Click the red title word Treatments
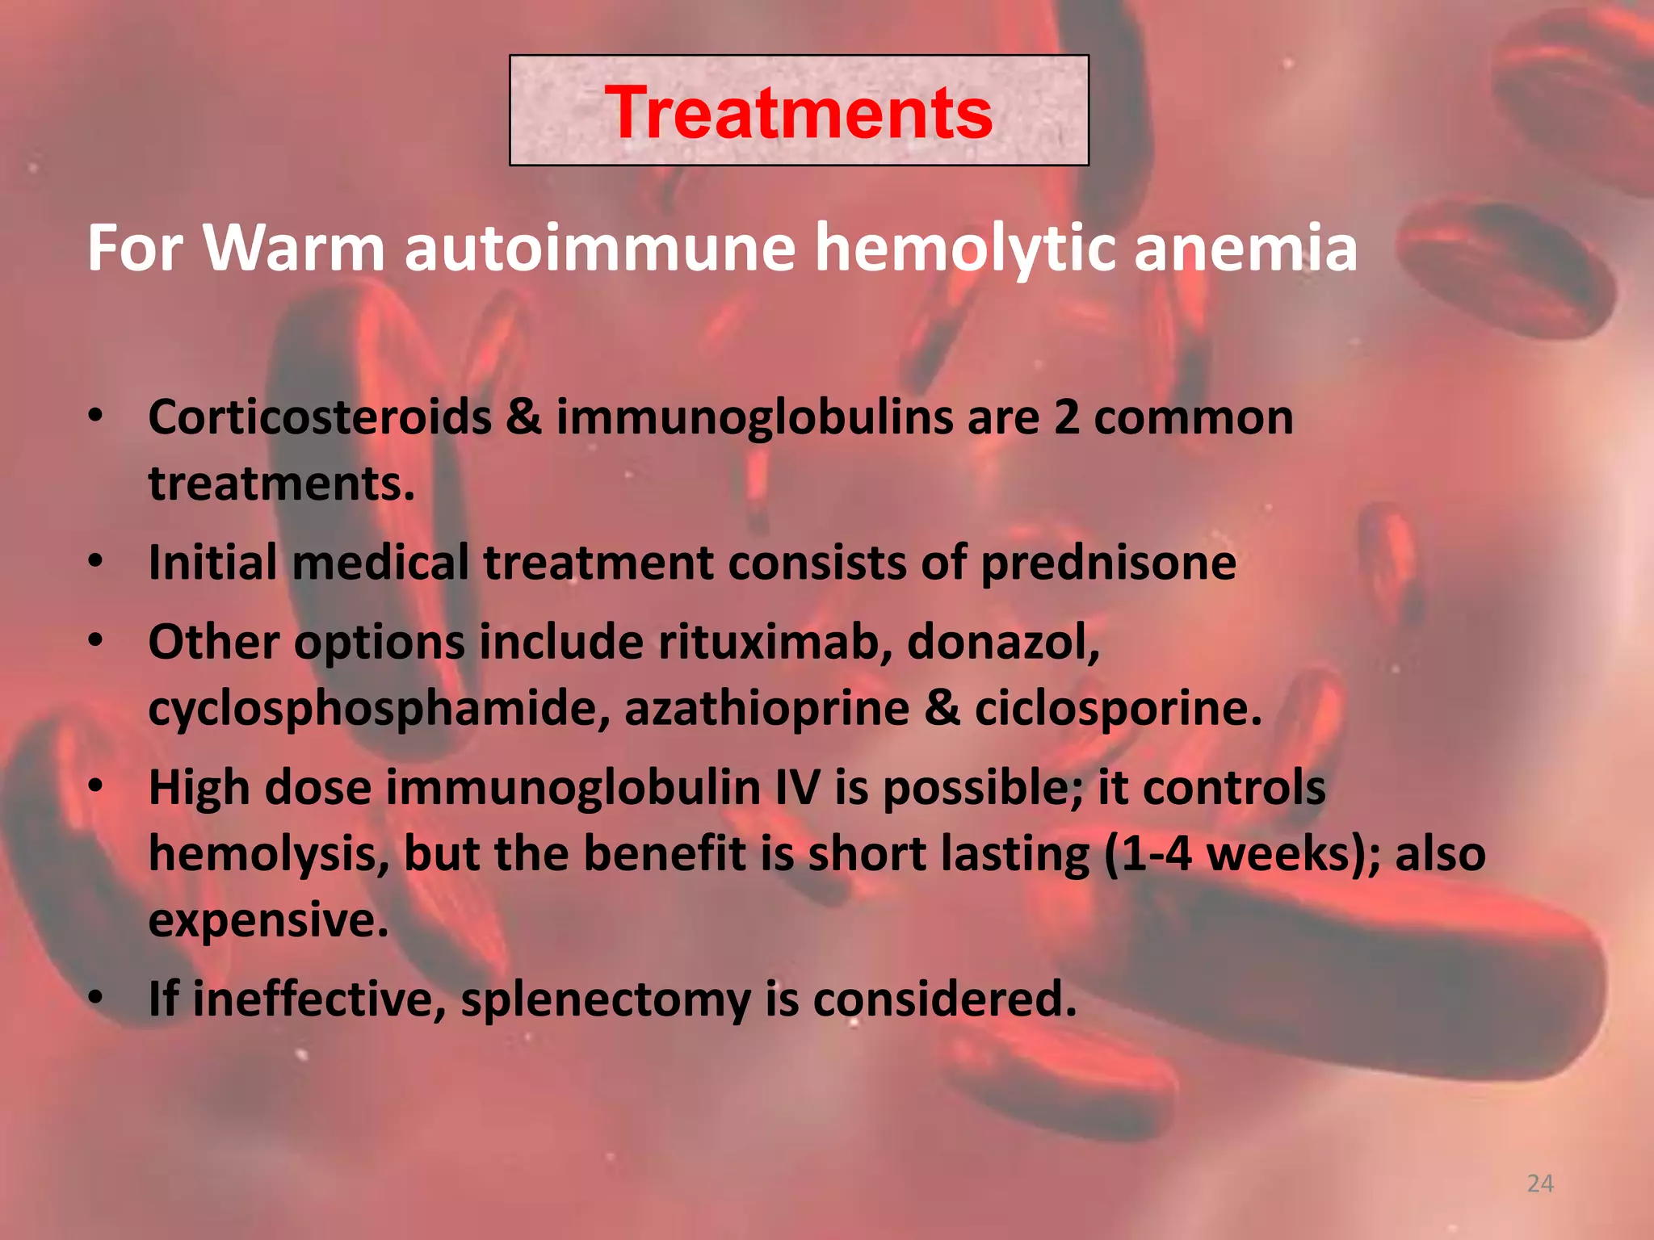click(x=799, y=113)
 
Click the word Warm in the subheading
click(x=294, y=248)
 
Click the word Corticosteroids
click(x=320, y=417)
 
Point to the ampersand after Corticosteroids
click(x=524, y=417)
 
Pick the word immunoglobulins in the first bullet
click(x=754, y=417)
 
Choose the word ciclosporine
click(x=1118, y=709)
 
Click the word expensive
click(x=268, y=920)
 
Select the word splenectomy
click(x=606, y=999)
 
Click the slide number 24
click(x=1540, y=1183)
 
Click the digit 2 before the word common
click(x=1066, y=417)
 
